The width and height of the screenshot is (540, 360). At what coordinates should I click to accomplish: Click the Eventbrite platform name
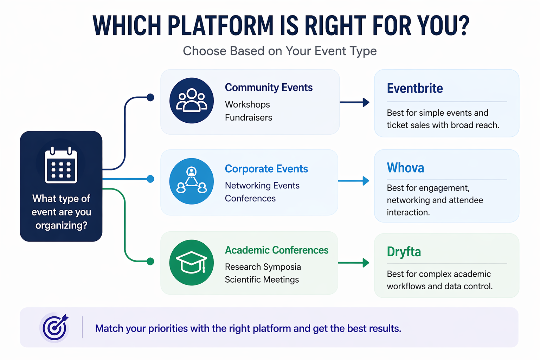[x=415, y=88]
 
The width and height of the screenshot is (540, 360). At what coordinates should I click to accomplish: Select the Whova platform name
[x=405, y=168]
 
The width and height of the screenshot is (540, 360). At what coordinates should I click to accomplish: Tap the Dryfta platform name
[x=404, y=252]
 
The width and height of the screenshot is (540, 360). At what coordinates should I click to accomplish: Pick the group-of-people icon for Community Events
[x=192, y=101]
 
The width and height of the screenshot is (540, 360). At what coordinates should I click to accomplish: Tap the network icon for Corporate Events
[x=192, y=181]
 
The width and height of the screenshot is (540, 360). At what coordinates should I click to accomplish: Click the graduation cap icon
[x=192, y=262]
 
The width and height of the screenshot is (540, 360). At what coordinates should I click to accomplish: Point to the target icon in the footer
[x=54, y=327]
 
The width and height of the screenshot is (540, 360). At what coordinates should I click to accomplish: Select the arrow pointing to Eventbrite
[x=354, y=102]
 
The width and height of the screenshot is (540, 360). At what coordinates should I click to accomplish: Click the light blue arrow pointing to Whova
[x=354, y=181]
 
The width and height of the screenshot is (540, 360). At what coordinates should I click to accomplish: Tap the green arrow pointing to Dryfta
[x=354, y=263]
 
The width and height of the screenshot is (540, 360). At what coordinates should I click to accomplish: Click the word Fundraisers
[x=249, y=117]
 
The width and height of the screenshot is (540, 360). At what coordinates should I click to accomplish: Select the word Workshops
[x=247, y=104]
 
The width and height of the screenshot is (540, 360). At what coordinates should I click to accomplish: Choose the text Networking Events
[x=262, y=185]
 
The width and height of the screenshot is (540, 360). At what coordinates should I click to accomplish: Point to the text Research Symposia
[x=263, y=267]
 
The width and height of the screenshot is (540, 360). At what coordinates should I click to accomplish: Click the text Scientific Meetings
[x=262, y=279]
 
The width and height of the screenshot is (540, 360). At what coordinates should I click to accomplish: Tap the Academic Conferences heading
[x=277, y=250]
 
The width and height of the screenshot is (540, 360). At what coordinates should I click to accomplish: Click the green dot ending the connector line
[x=150, y=261]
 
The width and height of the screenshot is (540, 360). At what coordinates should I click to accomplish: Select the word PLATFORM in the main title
[x=220, y=26]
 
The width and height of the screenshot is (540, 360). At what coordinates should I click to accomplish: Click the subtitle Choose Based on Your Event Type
[x=280, y=51]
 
